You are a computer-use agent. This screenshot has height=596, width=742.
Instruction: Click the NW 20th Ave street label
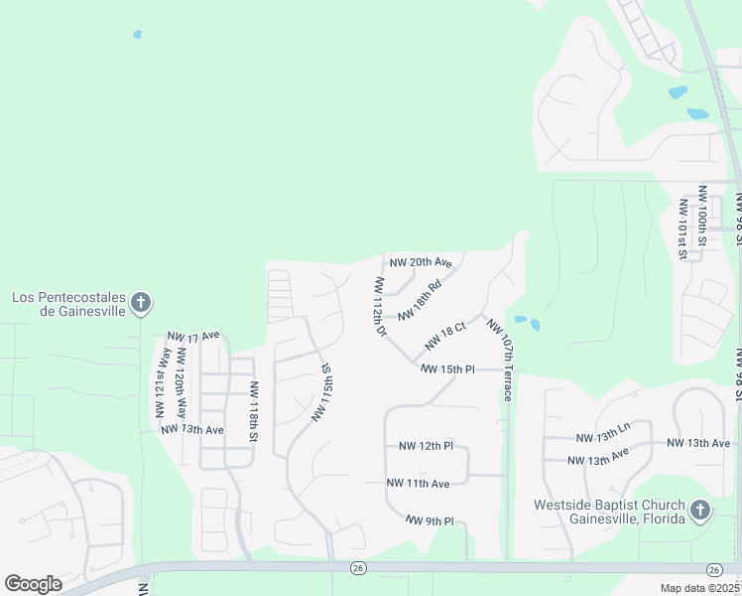tap(421, 263)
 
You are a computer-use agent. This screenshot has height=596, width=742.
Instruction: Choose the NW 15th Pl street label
tap(447, 369)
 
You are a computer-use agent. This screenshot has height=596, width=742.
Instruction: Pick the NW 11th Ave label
tap(419, 483)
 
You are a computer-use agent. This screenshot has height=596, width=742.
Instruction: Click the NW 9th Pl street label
tap(430, 521)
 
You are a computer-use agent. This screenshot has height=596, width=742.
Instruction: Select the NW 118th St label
tap(254, 412)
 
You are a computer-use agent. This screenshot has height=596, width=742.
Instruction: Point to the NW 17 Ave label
tap(193, 337)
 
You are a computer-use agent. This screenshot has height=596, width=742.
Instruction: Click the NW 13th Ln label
tap(603, 438)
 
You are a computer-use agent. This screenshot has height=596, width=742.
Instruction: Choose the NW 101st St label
tap(682, 227)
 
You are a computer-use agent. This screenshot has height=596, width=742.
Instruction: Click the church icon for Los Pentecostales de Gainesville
tap(141, 303)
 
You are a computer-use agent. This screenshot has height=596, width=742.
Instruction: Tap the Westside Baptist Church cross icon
tap(700, 512)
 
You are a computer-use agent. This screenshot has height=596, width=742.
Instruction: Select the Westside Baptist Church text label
tap(607, 512)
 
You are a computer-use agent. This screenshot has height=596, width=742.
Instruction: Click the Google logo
tap(33, 584)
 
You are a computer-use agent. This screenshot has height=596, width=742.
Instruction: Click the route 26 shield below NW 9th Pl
tap(357, 568)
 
